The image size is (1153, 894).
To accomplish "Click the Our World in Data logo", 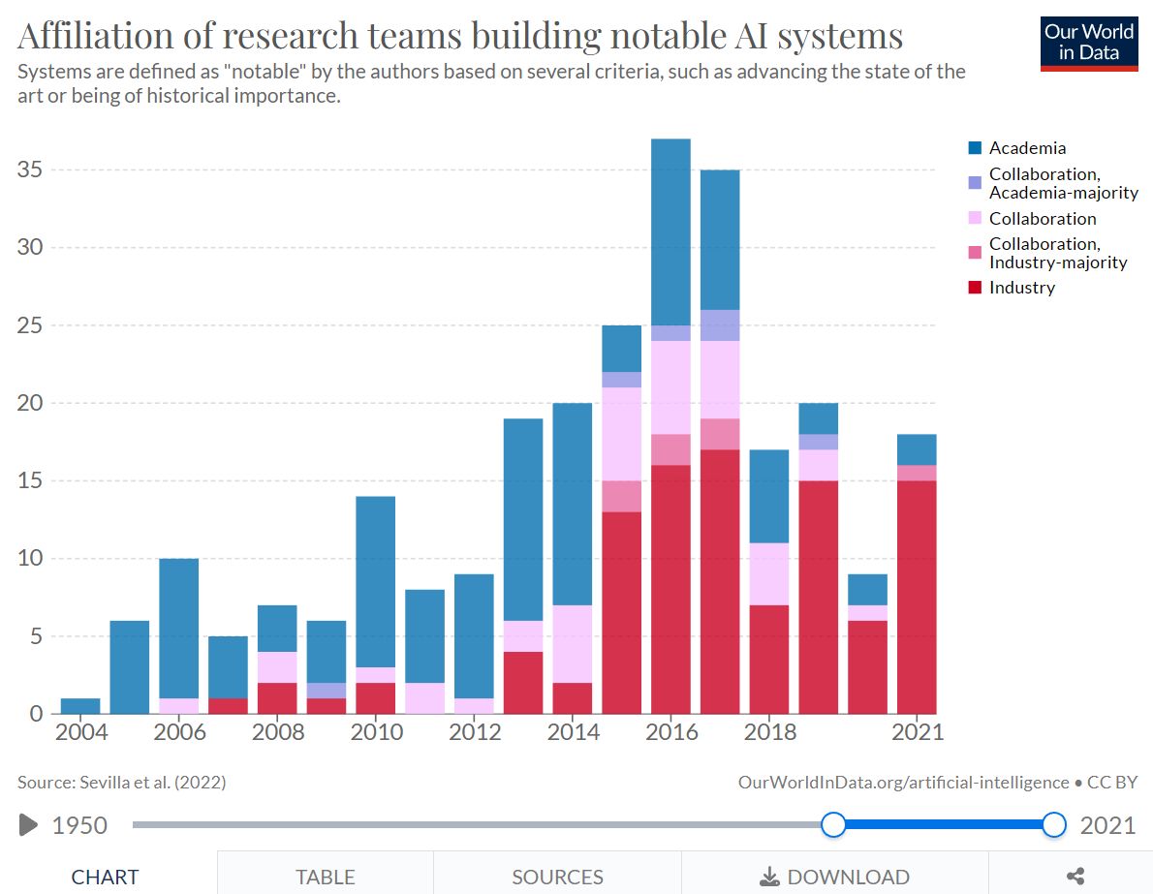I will (1089, 43).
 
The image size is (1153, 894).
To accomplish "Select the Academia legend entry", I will (1027, 148).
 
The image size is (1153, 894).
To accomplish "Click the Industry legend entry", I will (1021, 288).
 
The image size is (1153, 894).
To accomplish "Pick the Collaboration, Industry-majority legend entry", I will (1057, 254).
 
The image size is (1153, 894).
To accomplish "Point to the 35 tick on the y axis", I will (33, 170).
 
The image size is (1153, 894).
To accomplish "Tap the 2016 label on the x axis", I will (670, 732).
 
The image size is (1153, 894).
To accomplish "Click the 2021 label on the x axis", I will (917, 732).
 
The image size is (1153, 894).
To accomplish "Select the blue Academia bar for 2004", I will (80, 706).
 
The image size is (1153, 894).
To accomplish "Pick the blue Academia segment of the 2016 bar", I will (670, 232).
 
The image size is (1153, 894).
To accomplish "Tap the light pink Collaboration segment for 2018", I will (769, 573).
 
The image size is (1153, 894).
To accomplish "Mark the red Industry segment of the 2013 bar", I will (523, 683).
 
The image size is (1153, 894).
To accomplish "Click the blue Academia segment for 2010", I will (376, 581).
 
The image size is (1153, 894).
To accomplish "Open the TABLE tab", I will (326, 878).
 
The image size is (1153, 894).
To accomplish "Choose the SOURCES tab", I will (557, 878).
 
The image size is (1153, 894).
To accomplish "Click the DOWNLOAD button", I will (834, 878).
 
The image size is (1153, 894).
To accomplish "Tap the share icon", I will (1075, 878).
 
